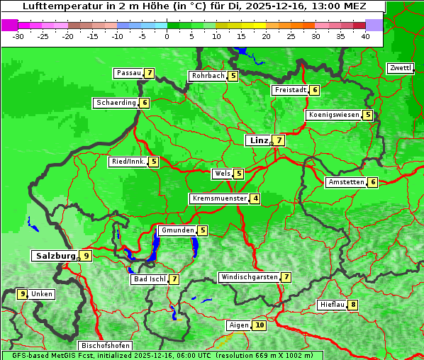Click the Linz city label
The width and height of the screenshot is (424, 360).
point(258,140)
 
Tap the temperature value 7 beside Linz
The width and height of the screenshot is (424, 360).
point(279,140)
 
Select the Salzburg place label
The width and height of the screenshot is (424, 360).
point(55,256)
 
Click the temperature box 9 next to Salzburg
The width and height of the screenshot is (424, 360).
point(86,256)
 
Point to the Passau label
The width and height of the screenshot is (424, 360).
point(129,73)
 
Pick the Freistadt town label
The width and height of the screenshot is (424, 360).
point(290,90)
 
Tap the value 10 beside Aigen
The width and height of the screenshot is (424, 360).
point(260,325)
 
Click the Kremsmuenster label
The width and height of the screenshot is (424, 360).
point(219,198)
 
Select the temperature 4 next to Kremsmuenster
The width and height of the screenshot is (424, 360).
point(255,198)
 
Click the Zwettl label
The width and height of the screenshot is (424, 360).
point(401,68)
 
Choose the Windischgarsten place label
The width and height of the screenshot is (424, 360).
point(249,277)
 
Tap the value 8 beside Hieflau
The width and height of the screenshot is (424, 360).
point(353,305)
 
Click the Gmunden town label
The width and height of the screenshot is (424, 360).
point(177,230)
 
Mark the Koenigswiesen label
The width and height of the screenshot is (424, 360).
point(333,115)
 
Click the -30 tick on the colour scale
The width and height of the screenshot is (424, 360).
point(18,36)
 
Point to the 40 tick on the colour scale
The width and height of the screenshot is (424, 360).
point(365,36)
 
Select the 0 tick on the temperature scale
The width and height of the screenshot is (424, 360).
point(167,36)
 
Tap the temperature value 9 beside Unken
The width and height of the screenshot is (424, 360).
point(22,294)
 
